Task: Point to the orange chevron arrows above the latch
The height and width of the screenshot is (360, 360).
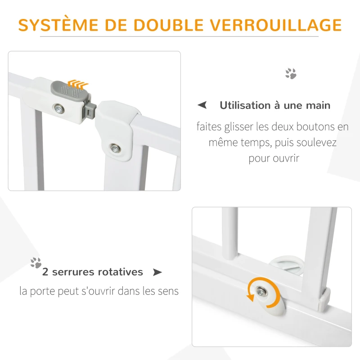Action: (x=77, y=83)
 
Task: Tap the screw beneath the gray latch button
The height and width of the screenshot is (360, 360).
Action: (x=58, y=108)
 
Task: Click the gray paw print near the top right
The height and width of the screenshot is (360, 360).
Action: (x=291, y=74)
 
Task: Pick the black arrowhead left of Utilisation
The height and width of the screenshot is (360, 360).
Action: (x=203, y=105)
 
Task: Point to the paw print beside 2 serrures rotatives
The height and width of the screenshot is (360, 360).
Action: (x=36, y=263)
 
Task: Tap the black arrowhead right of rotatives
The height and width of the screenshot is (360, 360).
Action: (x=157, y=272)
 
